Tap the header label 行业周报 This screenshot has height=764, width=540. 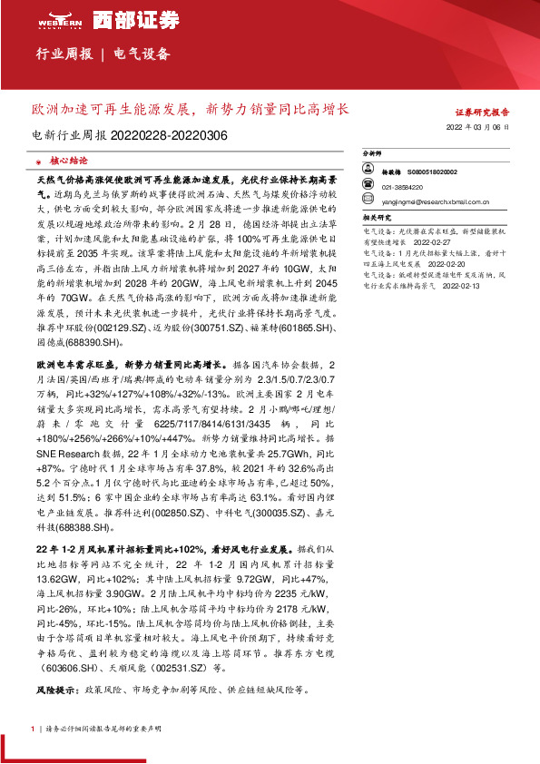[64, 54]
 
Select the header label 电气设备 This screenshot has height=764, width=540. [142, 54]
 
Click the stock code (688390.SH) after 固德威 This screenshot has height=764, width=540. [101, 344]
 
